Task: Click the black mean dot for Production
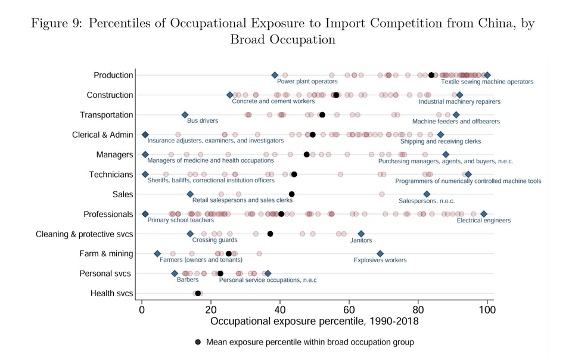coord(431,75)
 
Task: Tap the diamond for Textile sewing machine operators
coord(487,75)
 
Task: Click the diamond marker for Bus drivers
coord(185,114)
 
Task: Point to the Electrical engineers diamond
coord(484,214)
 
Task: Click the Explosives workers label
coord(380,260)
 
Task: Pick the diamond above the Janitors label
coord(361,234)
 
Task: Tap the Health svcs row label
coord(111,293)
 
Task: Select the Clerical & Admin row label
coord(102,135)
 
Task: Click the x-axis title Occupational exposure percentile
coord(315,322)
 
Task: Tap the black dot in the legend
coord(198,342)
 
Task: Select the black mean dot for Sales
coord(292,194)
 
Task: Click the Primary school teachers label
coord(181,221)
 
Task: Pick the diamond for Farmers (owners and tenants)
coord(157,254)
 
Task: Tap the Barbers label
coord(188,280)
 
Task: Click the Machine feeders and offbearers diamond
coord(456,114)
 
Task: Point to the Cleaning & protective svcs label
coord(85,234)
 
